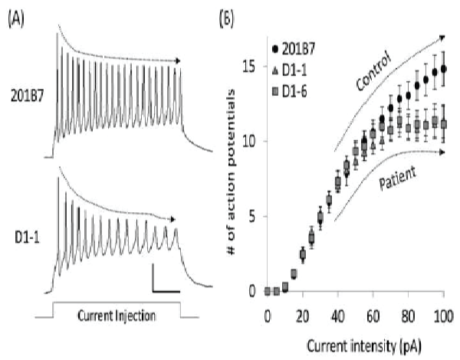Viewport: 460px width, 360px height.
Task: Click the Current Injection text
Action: coord(117,313)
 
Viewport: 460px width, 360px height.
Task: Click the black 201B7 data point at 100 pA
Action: coord(444,69)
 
